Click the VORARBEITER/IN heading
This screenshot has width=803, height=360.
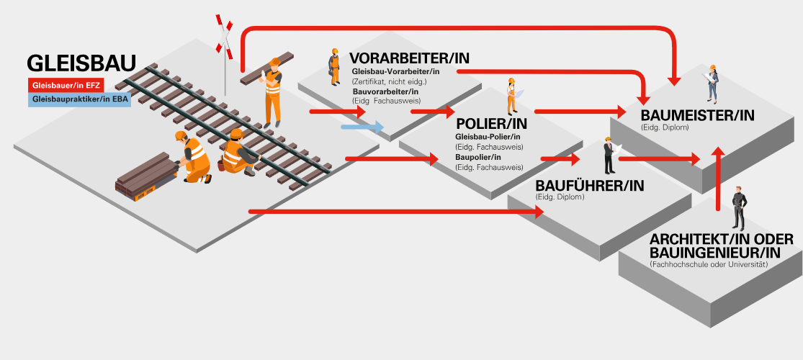408,58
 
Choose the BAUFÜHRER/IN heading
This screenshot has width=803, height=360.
589,185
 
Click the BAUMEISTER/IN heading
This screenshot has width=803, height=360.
697,115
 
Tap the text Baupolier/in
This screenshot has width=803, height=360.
478,157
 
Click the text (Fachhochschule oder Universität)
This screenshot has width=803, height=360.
708,264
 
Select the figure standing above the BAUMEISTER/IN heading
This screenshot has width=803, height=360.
712,83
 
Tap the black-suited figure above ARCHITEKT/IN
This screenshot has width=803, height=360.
737,209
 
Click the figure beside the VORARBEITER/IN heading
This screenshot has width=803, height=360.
334,67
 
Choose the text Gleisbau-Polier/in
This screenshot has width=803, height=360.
488,137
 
